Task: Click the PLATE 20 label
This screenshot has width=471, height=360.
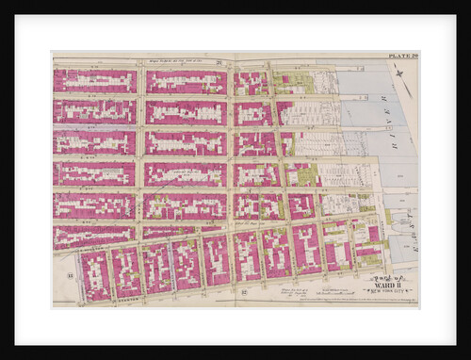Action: [x=401, y=57]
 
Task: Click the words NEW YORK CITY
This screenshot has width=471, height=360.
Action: [x=386, y=294]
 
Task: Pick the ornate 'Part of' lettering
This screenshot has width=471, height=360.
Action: [x=384, y=279]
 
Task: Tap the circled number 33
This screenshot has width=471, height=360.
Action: [x=70, y=275]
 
